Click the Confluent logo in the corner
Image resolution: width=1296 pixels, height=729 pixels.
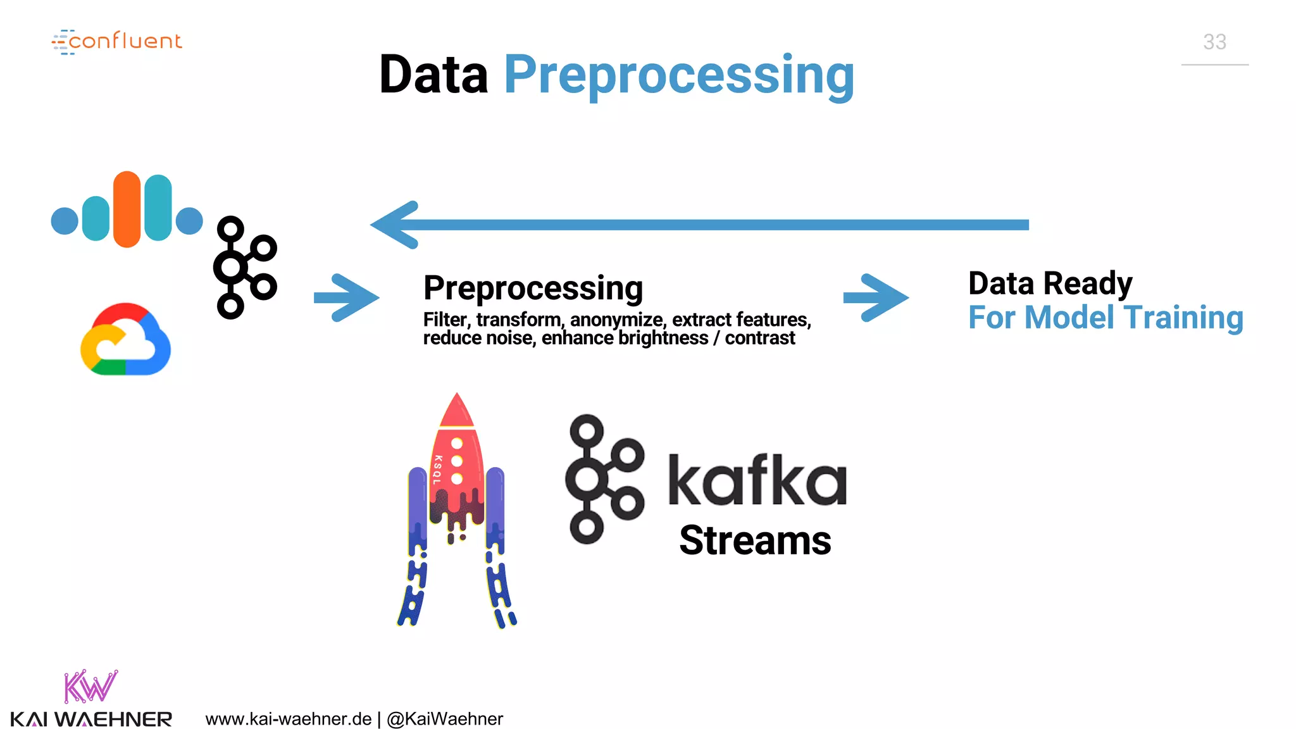pyautogui.click(x=117, y=42)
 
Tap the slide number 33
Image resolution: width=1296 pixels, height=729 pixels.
pyautogui.click(x=1214, y=42)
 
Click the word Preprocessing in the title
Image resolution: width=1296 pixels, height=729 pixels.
pyautogui.click(x=679, y=75)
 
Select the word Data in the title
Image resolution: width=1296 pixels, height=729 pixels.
pyautogui.click(x=433, y=75)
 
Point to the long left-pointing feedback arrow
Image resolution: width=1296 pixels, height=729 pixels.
pyautogui.click(x=699, y=225)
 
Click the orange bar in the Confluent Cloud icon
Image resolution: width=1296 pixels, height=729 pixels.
pyautogui.click(x=127, y=209)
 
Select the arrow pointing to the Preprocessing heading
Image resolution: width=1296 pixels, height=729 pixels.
pyautogui.click(x=346, y=297)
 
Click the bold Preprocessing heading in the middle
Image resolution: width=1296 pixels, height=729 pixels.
pyautogui.click(x=533, y=289)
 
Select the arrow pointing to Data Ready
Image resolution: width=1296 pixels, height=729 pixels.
pyautogui.click(x=876, y=297)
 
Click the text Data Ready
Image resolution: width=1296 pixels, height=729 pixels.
pyautogui.click(x=1050, y=283)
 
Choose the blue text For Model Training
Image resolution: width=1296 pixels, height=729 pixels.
pyautogui.click(x=1106, y=318)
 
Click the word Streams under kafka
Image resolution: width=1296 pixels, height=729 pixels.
pyautogui.click(x=755, y=541)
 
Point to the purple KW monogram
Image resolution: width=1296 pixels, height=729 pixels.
pyautogui.click(x=90, y=687)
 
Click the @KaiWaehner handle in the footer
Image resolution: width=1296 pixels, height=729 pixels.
pyautogui.click(x=445, y=720)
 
